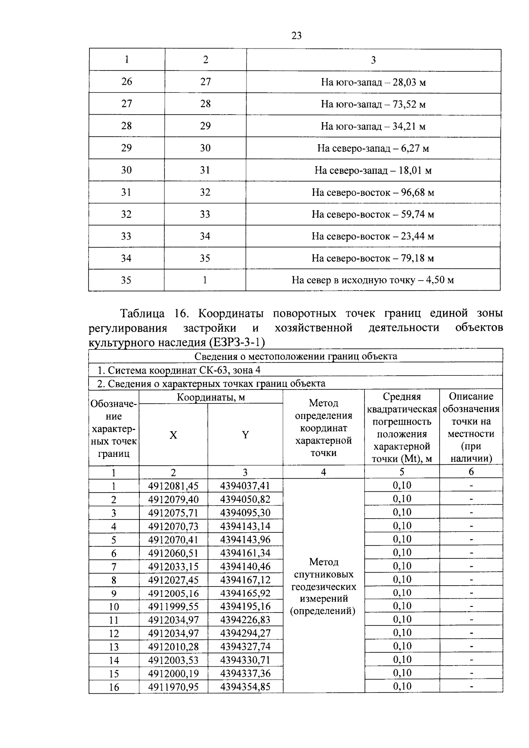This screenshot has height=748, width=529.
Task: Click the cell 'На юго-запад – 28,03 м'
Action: [x=373, y=82]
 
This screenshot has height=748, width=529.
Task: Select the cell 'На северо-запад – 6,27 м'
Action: [x=373, y=148]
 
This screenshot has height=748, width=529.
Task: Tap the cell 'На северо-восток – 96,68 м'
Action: [x=373, y=193]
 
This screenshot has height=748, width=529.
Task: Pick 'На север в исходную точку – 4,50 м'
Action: [x=373, y=280]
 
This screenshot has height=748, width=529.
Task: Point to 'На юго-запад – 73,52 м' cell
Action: [x=373, y=105]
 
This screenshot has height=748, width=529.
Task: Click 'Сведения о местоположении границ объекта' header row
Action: [x=295, y=356]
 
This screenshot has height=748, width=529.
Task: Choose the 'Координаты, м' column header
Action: [x=211, y=397]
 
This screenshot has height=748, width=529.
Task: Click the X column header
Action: [x=173, y=435]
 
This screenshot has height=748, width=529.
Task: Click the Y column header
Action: [x=245, y=435]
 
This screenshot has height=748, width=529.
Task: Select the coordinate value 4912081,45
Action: [x=173, y=486]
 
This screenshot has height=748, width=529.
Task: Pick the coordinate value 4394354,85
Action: [x=245, y=687]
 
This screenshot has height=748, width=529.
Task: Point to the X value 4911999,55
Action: [x=173, y=606]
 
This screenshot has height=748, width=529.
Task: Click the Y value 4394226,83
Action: [x=245, y=620]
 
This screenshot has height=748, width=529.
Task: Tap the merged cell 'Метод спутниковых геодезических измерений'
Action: [x=324, y=587]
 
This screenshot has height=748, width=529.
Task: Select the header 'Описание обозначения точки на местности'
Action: [x=471, y=427]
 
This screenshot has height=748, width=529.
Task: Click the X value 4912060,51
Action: [x=173, y=553]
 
